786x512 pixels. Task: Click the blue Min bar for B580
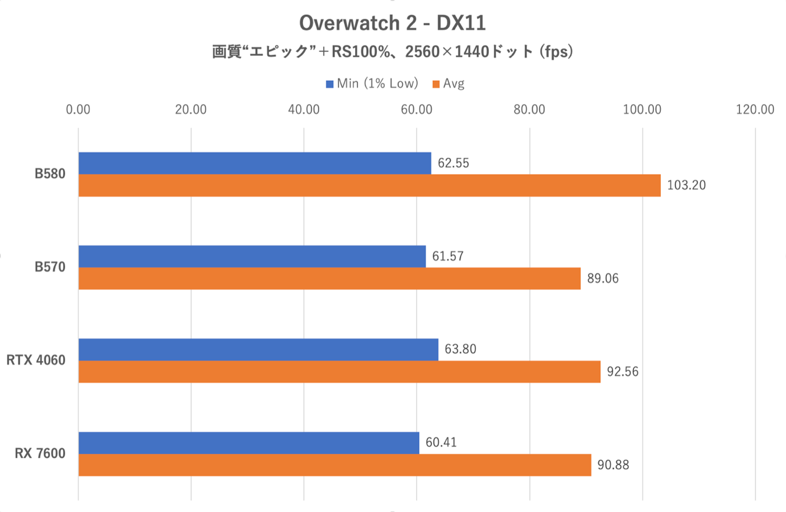[x=254, y=163]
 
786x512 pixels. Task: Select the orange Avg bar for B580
[x=369, y=186]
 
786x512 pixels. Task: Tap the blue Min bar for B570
[x=252, y=256]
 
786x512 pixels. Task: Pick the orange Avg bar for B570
[x=329, y=278]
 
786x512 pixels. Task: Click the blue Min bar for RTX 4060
[x=258, y=349]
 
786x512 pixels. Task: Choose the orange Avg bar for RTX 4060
[x=339, y=372]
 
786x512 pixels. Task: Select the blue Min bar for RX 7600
[x=249, y=443]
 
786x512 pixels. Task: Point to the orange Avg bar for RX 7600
[x=335, y=465]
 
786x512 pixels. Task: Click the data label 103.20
[x=686, y=186]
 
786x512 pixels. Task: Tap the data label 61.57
[x=447, y=256]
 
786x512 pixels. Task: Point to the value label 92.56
[x=622, y=372]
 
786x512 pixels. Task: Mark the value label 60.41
[x=441, y=443]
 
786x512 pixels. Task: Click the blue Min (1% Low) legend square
[x=330, y=84]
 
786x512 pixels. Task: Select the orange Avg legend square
[x=436, y=84]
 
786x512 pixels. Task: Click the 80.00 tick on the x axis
[x=529, y=109]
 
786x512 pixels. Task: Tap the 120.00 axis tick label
[x=755, y=109]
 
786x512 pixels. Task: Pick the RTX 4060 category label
[x=36, y=360]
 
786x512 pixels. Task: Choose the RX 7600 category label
[x=40, y=453]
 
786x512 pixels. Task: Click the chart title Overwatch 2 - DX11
[x=392, y=23]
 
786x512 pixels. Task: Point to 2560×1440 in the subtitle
[x=447, y=52]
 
